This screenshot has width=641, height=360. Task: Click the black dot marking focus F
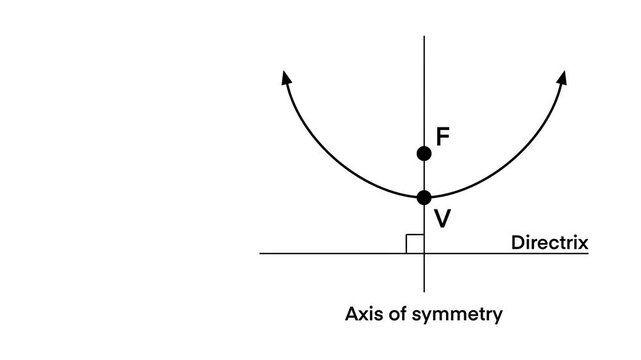coord(424,153)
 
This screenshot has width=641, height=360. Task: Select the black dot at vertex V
coord(424,197)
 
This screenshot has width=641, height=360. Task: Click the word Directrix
coord(548,242)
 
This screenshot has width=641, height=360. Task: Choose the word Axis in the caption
coord(361,314)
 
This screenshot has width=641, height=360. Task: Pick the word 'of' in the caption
coord(393,314)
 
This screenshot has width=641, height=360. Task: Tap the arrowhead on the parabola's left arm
coord(286,78)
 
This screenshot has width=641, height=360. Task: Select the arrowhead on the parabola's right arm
coord(563,77)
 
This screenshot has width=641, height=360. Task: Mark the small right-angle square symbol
coord(415,244)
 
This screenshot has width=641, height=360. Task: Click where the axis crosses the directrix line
coord(424,253)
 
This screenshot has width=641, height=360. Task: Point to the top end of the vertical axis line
coord(424,36)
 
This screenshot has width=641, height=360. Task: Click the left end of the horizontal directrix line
coord(260,253)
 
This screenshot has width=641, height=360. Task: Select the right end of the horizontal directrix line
coord(588,253)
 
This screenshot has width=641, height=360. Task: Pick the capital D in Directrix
coord(517,242)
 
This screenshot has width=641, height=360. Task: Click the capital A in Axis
coord(351,314)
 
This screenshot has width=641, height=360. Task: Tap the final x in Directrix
coord(580,243)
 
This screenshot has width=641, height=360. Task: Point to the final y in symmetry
coord(496,317)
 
